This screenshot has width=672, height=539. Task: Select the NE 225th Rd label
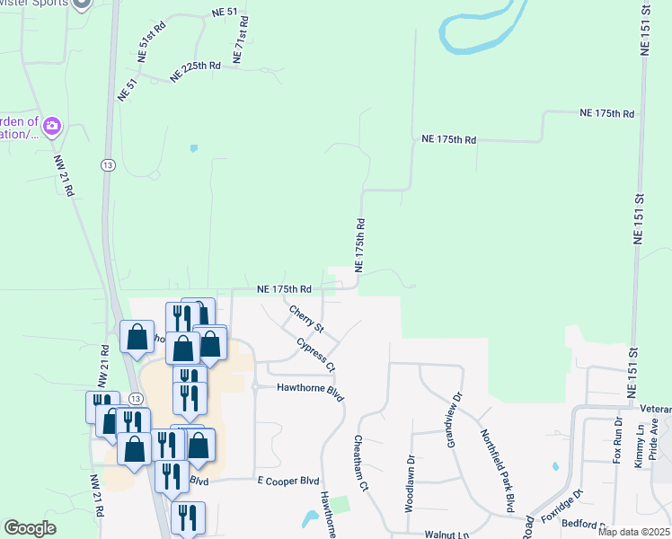click(195, 71)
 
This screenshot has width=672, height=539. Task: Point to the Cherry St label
click(306, 317)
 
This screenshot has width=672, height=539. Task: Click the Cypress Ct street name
click(317, 355)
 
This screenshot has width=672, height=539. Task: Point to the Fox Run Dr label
click(617, 440)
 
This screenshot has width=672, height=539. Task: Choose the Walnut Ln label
click(447, 534)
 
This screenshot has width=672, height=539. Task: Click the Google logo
click(31, 528)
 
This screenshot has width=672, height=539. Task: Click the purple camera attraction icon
click(51, 125)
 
